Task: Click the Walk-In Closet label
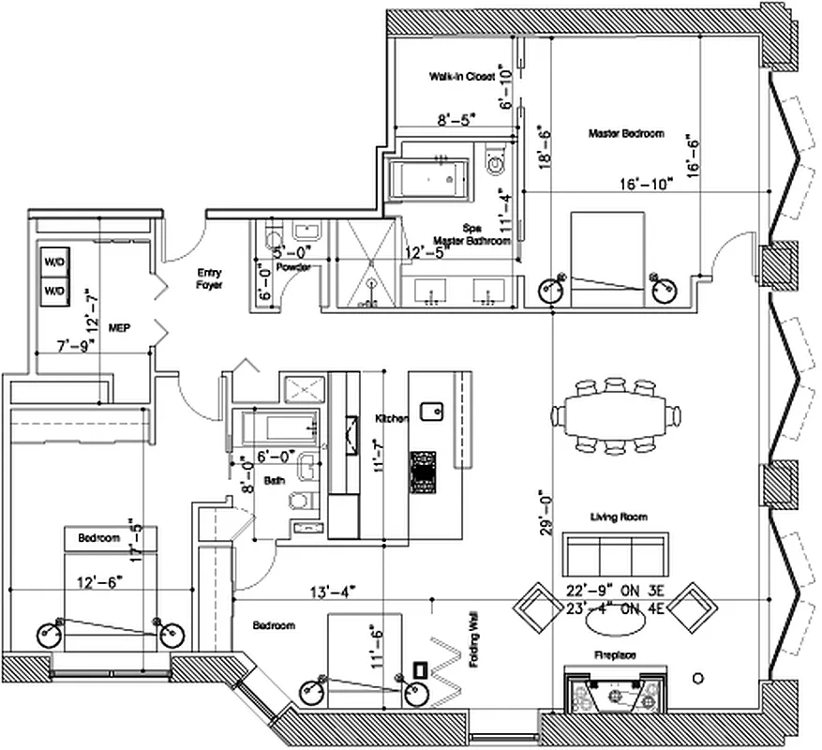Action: pos(461,75)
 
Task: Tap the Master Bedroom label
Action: pos(626,134)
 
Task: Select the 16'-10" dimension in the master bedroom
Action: pos(646,184)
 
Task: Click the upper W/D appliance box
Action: pos(53,262)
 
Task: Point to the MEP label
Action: pos(118,329)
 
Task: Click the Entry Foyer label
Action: pos(208,278)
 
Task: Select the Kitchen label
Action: pos(392,418)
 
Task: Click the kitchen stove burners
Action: pos(424,471)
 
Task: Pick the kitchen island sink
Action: pos(432,410)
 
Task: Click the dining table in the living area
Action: pos(615,413)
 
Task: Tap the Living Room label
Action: pos(619,517)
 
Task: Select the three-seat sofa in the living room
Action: pos(614,553)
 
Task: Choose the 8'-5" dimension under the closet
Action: pos(456,119)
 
